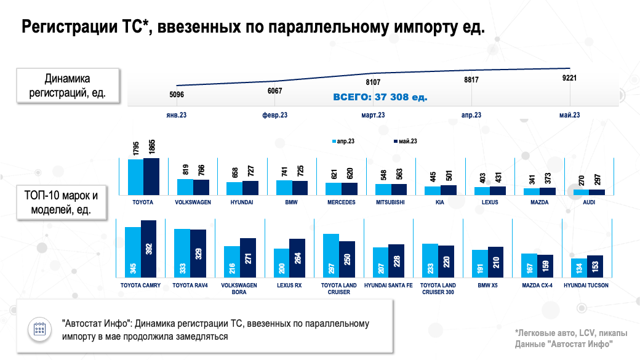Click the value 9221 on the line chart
pyautogui.click(x=569, y=78)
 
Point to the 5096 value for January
pyautogui.click(x=176, y=95)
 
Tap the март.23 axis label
pyautogui.click(x=373, y=115)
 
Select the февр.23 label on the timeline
pyautogui.click(x=274, y=115)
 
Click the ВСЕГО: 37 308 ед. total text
pyautogui.click(x=380, y=97)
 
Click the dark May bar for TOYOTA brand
pyautogui.click(x=151, y=177)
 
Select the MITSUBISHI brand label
pyautogui.click(x=391, y=202)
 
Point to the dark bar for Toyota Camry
pyautogui.click(x=148, y=249)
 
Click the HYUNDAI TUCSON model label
pyautogui.click(x=586, y=286)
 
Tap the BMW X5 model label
pyautogui.click(x=487, y=286)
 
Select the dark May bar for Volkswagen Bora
pyautogui.click(x=247, y=258)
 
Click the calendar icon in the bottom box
pyautogui.click(x=40, y=329)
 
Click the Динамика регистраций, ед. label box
pyautogui.click(x=68, y=86)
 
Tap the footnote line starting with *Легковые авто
pyautogui.click(x=572, y=334)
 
